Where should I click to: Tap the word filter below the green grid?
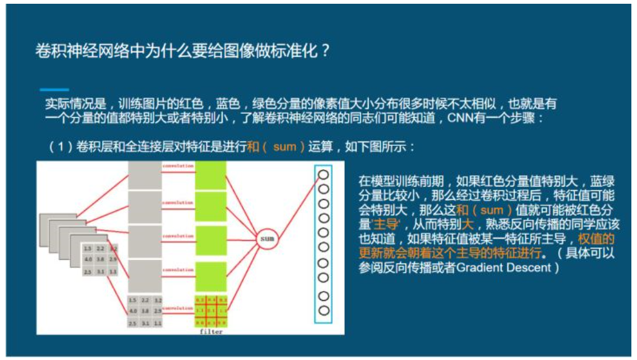coord(211,331)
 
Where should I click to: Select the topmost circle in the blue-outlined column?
coord(324,174)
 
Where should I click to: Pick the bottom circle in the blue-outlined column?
coord(324,310)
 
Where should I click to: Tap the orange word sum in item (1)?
coord(285,147)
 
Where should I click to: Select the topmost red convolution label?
coord(178,167)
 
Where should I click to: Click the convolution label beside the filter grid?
coord(178,308)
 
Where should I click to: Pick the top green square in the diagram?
coord(210,175)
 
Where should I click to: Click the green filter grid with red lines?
coord(210,311)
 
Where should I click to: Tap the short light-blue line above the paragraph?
coord(54,90)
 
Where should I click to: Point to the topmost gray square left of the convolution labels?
coord(145,175)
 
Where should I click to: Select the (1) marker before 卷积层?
coord(61,147)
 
